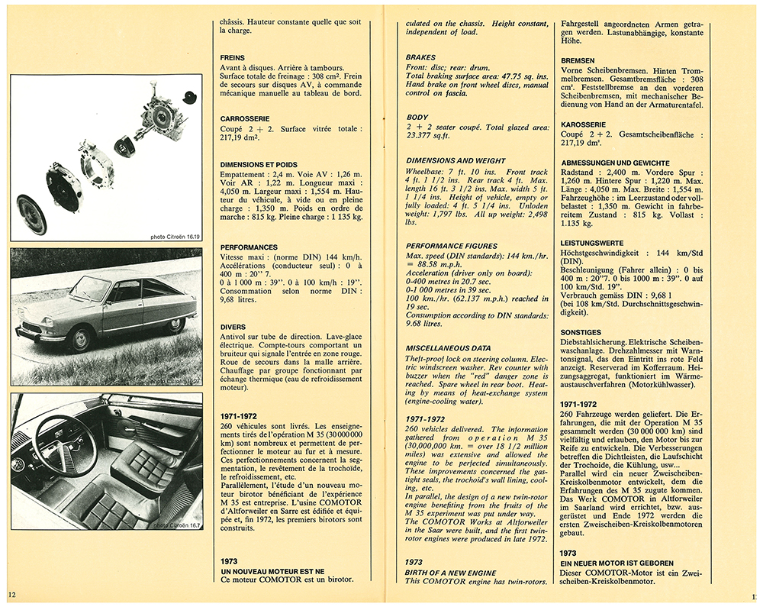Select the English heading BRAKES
point(420,58)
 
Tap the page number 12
point(11,594)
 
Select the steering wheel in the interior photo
point(66,445)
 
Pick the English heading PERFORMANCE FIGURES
point(450,246)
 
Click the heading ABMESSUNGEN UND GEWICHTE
point(615,163)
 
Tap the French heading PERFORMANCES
point(249,247)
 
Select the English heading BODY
point(417,117)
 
